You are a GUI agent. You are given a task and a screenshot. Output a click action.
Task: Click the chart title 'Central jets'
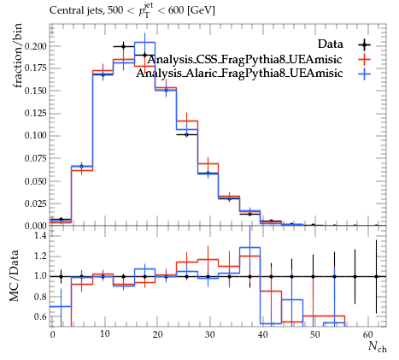(x=76, y=11)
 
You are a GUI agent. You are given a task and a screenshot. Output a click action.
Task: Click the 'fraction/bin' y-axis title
(x=18, y=56)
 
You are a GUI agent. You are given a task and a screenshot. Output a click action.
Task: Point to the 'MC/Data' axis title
(x=15, y=275)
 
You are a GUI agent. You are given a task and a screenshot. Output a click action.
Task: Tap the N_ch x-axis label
(x=378, y=345)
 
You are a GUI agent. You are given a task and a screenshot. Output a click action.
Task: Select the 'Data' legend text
(x=331, y=44)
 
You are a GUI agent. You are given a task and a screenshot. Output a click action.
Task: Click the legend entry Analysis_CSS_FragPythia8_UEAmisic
(x=244, y=59)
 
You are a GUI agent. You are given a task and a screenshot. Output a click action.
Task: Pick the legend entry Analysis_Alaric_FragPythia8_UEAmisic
(x=239, y=73)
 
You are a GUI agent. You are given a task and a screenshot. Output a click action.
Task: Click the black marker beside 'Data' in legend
(x=365, y=44)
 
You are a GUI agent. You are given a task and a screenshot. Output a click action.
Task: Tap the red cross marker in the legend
(x=365, y=59)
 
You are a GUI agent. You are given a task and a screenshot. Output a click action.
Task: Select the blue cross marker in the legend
(x=365, y=74)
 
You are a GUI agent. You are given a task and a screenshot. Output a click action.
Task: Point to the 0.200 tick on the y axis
(x=35, y=46)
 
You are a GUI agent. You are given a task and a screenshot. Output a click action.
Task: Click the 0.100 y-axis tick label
(x=35, y=135)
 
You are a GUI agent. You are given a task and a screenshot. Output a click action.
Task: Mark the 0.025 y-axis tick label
(x=35, y=204)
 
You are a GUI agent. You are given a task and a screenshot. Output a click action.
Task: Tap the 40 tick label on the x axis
(x=262, y=334)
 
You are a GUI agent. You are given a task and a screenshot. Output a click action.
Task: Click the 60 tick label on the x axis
(x=368, y=334)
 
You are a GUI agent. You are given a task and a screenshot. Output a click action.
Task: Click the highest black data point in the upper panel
(x=123, y=46)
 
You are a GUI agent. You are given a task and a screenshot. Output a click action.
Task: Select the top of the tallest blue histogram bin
(x=144, y=43)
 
